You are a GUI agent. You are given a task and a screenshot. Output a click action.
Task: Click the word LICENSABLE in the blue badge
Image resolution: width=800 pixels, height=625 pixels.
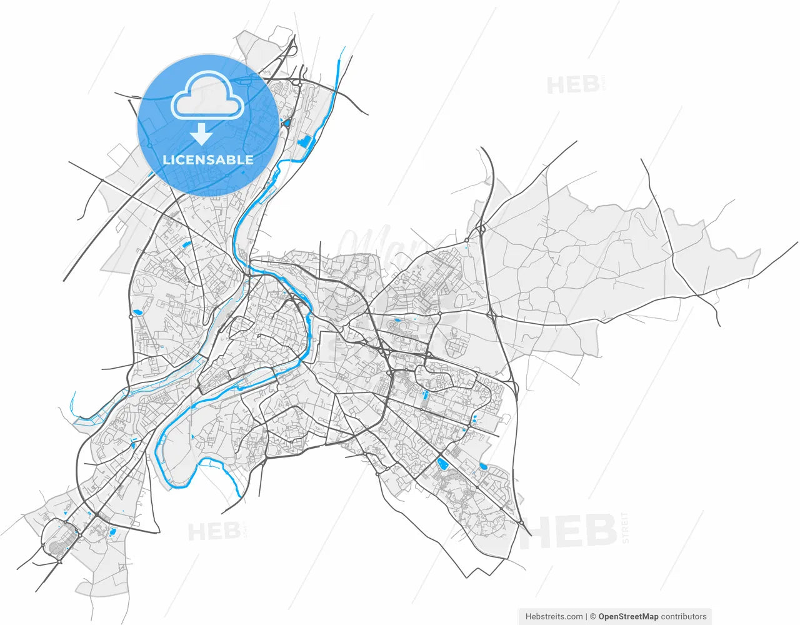(x=208, y=160)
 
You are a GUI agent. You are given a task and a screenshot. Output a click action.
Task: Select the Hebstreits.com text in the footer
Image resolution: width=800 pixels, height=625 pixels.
(x=554, y=616)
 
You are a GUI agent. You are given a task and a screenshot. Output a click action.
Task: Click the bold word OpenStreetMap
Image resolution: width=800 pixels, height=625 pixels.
(x=628, y=616)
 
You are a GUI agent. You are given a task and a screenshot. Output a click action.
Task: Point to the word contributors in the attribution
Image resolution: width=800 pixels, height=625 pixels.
(x=683, y=616)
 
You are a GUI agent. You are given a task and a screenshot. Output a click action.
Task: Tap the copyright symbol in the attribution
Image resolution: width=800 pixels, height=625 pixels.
(x=592, y=616)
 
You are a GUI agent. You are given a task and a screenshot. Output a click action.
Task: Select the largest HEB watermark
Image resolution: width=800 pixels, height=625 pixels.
(x=568, y=531)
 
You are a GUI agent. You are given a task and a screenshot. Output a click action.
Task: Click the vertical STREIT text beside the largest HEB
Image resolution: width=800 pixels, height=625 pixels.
(x=626, y=527)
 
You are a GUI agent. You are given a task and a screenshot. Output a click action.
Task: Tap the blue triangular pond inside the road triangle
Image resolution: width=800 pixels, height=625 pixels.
(x=286, y=123)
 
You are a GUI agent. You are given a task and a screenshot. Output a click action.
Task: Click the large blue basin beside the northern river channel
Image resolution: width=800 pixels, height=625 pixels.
(x=306, y=142)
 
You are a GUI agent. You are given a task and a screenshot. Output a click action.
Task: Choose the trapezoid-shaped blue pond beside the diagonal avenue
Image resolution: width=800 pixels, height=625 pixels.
(x=442, y=463)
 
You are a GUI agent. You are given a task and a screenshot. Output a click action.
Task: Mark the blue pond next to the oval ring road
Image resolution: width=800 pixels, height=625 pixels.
(x=112, y=532)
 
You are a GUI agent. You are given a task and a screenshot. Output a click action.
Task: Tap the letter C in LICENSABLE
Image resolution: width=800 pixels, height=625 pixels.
(x=178, y=160)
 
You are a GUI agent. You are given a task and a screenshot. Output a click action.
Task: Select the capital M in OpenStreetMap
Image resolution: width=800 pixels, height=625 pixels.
(x=647, y=616)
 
